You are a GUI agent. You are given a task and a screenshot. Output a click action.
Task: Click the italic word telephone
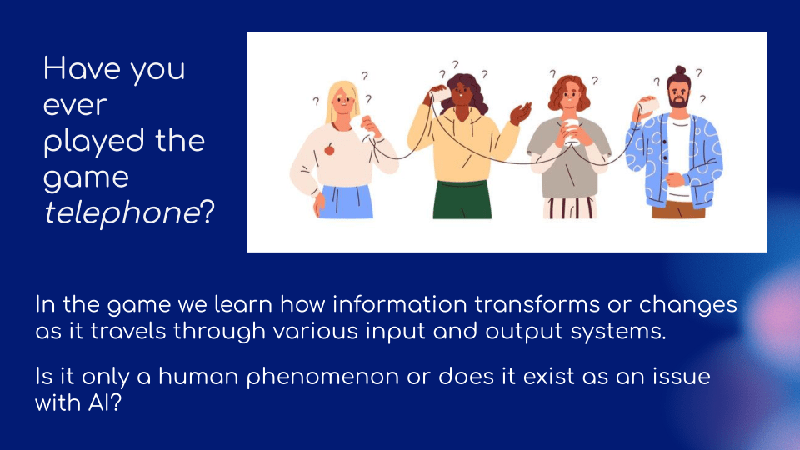122,213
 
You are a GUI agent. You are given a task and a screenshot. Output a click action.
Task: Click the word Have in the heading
82,69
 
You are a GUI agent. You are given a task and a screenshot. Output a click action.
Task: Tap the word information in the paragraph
400,305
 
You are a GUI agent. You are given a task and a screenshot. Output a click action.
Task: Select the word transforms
537,305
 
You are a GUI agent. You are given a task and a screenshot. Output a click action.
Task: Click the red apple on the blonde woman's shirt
330,149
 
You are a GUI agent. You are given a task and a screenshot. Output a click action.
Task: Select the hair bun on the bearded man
680,70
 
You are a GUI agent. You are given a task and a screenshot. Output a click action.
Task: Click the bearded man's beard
678,101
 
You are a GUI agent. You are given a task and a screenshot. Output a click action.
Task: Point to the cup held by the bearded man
647,106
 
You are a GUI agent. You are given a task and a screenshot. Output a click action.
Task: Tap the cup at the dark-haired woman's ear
439,95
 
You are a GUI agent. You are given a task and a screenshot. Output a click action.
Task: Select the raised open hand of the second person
521,112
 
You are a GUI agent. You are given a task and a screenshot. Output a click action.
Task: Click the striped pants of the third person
570,207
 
